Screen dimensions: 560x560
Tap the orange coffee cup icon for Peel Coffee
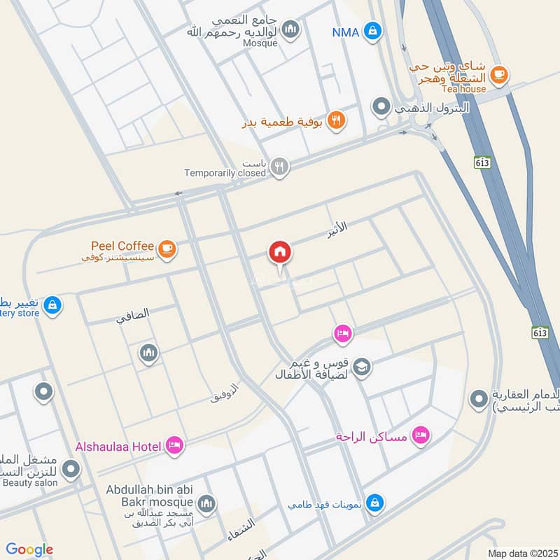coord(167,248)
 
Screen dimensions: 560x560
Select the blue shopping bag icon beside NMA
coord(374,31)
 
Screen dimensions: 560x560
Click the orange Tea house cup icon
coord(498,74)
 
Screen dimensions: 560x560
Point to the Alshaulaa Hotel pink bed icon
coord(174,445)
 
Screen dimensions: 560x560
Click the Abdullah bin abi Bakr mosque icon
coord(206,503)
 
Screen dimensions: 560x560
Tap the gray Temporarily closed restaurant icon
coord(279,167)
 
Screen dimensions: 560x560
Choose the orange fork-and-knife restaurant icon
coord(337,120)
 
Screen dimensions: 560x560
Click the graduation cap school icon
coord(362,366)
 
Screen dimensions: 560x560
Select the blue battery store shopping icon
coord(52,305)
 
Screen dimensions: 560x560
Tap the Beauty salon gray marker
coord(71,469)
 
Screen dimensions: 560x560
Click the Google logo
coord(29,549)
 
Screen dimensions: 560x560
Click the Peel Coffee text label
coord(122,246)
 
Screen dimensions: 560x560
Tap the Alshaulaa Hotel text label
coord(118,446)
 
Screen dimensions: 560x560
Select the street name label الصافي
coord(133,316)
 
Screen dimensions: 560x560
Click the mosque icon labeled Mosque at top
coord(291,30)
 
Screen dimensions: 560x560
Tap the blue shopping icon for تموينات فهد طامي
coord(376,503)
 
